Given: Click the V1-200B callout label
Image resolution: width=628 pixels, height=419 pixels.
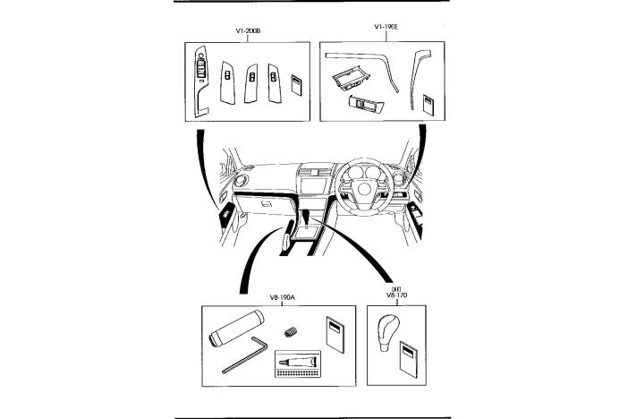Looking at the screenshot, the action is (x=248, y=30).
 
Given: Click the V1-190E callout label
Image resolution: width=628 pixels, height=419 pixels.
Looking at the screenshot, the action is (x=386, y=27).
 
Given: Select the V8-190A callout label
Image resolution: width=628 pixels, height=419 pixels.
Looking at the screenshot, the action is (x=283, y=297).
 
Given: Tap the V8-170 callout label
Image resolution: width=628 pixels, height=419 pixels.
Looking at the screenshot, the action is (x=396, y=295).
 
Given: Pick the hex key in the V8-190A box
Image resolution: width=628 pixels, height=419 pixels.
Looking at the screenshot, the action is (x=245, y=355).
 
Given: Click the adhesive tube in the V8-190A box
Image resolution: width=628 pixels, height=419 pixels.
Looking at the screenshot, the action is (x=300, y=362).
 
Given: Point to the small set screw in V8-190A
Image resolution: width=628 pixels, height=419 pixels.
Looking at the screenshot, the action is (x=291, y=332).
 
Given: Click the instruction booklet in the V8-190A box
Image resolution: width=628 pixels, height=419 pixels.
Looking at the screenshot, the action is (x=335, y=335).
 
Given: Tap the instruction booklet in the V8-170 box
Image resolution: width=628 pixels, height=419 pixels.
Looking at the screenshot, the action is (x=409, y=360).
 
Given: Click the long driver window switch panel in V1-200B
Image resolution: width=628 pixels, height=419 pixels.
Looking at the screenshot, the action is (x=201, y=81).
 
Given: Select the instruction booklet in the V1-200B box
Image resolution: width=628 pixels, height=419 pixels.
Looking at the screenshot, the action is (x=296, y=84).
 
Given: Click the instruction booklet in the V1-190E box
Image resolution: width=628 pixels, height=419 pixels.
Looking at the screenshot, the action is (x=429, y=105).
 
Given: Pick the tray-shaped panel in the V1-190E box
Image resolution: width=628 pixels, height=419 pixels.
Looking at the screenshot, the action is (x=351, y=78).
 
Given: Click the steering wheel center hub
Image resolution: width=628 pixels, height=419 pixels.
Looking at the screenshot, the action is (x=364, y=189).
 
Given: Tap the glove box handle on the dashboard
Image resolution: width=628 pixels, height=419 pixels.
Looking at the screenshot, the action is (x=267, y=204).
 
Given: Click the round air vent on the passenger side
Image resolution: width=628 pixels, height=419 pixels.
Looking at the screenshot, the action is (x=242, y=181).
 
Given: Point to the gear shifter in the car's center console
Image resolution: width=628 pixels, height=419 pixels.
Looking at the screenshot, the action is (x=306, y=217).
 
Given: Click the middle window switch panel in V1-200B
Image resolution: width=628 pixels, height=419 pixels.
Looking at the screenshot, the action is (x=251, y=82).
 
